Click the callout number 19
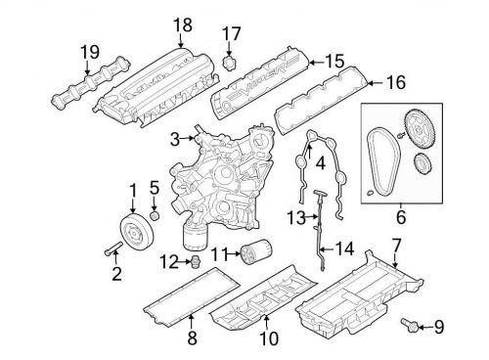pos(89,52)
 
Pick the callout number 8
pos(192,340)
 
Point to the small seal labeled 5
pos(155,214)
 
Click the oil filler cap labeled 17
pos(231,64)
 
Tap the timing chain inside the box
pos(381,160)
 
